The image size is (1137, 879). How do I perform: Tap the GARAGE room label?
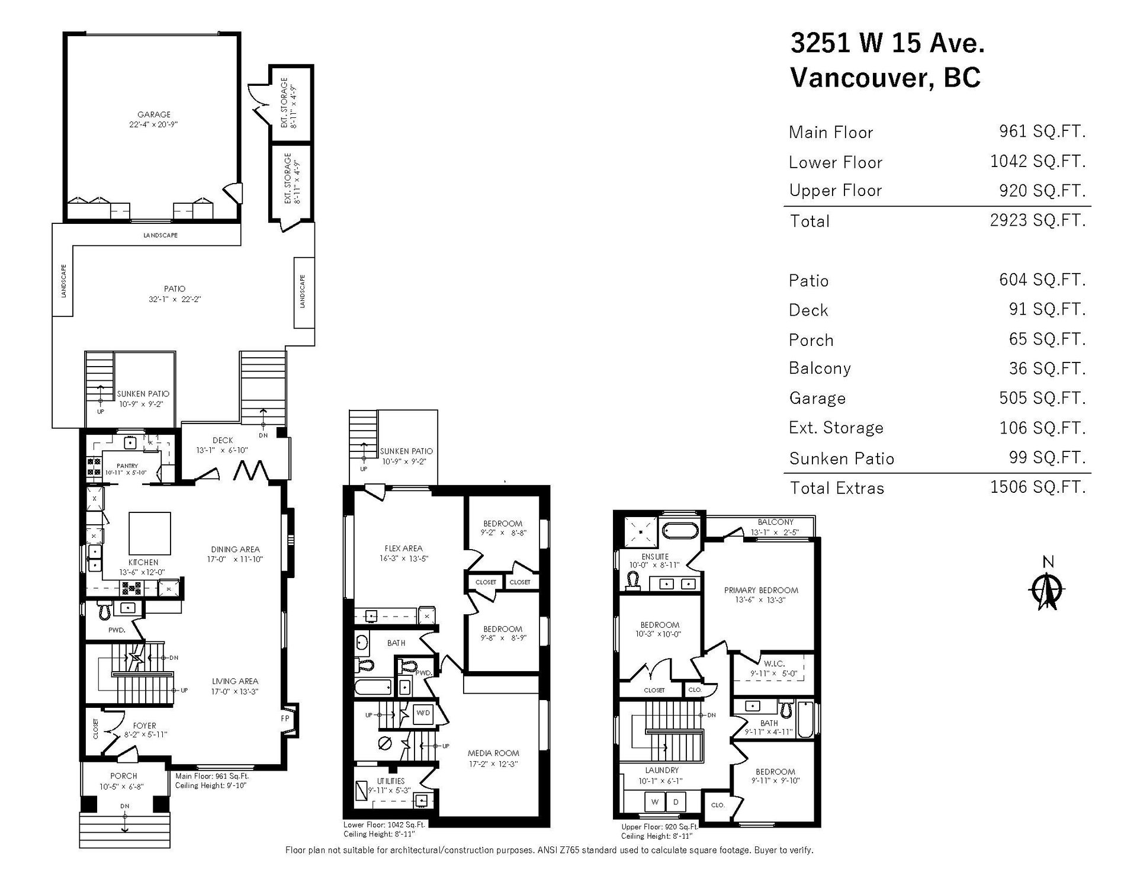(154, 114)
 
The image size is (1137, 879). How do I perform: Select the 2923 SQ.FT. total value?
(1038, 220)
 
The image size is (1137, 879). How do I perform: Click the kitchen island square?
(150, 534)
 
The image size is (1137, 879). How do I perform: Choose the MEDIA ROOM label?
(493, 753)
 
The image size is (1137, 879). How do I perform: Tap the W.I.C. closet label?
(774, 663)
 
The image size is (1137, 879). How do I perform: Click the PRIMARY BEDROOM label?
(761, 590)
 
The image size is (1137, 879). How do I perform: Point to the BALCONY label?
(775, 522)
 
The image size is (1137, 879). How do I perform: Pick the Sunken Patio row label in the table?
(841, 458)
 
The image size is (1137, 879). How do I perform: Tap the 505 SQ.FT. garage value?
(1042, 398)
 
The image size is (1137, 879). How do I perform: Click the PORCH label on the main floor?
(124, 776)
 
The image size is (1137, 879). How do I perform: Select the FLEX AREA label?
(403, 548)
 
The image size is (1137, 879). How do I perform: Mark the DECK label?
(223, 440)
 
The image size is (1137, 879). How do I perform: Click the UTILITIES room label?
(391, 781)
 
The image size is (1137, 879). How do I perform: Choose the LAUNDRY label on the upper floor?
(662, 770)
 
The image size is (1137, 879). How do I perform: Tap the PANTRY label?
(127, 466)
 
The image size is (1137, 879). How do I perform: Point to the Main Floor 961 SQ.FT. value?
(1042, 131)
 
